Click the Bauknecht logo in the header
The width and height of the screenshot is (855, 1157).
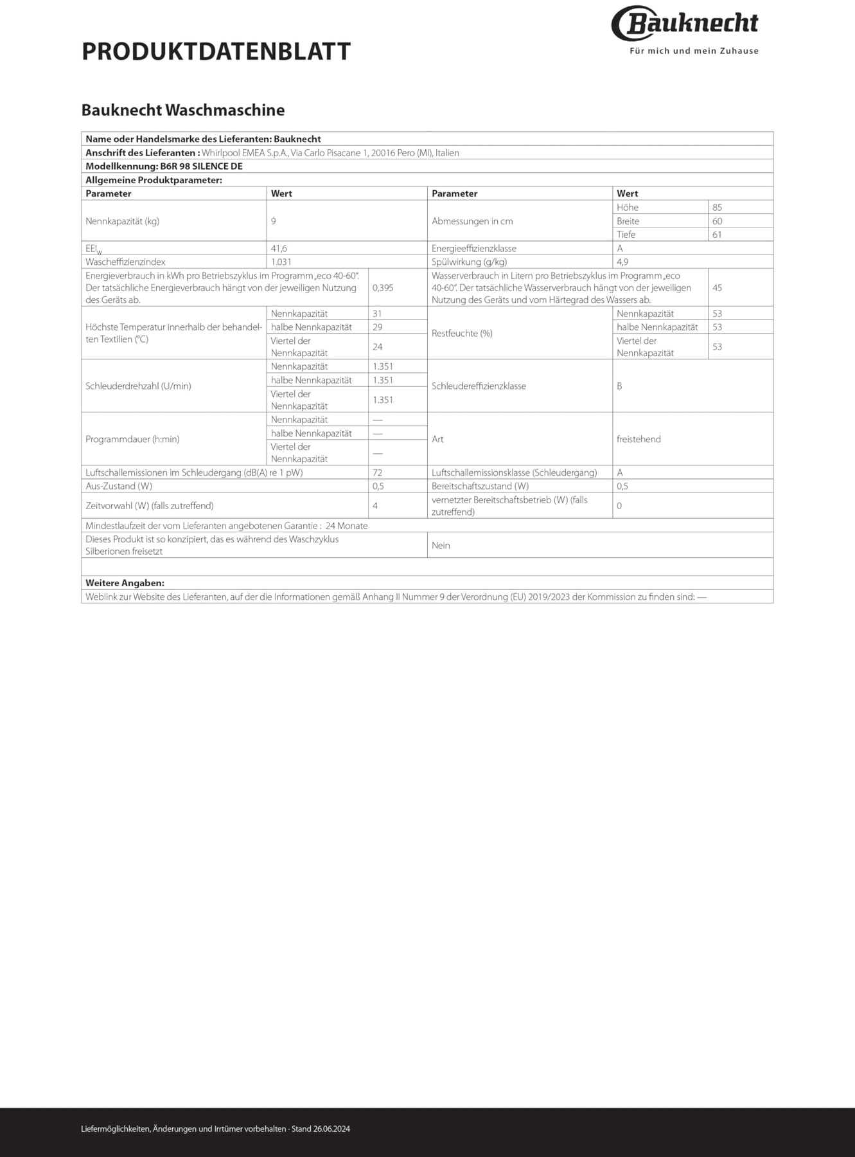[x=685, y=24]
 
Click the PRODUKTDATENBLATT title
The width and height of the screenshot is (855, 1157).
[x=216, y=51]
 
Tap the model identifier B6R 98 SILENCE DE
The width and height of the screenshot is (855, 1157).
[x=201, y=166]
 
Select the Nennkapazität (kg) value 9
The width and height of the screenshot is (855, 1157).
[x=274, y=221]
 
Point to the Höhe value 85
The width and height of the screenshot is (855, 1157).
[x=717, y=208]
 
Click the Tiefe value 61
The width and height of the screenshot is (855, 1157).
[x=717, y=235]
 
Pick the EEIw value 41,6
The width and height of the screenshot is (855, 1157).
[x=279, y=249]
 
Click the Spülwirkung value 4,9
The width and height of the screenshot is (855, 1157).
[x=622, y=262]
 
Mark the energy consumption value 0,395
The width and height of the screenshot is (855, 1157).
[x=383, y=288]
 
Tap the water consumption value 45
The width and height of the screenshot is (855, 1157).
[x=717, y=288]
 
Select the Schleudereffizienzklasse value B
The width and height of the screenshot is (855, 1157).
[x=619, y=386]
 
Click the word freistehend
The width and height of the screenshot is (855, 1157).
[x=639, y=440]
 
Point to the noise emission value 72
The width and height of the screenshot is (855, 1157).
[x=378, y=473]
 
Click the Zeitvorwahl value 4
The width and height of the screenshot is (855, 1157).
[x=375, y=506]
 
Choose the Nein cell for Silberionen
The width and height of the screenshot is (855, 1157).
[x=441, y=546]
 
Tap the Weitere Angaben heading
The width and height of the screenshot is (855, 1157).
[x=125, y=583]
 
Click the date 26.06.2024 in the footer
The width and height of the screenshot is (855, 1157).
[x=331, y=1129]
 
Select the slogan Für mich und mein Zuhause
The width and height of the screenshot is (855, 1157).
[x=694, y=51]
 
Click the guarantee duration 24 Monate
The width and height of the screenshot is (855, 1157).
[x=347, y=526]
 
